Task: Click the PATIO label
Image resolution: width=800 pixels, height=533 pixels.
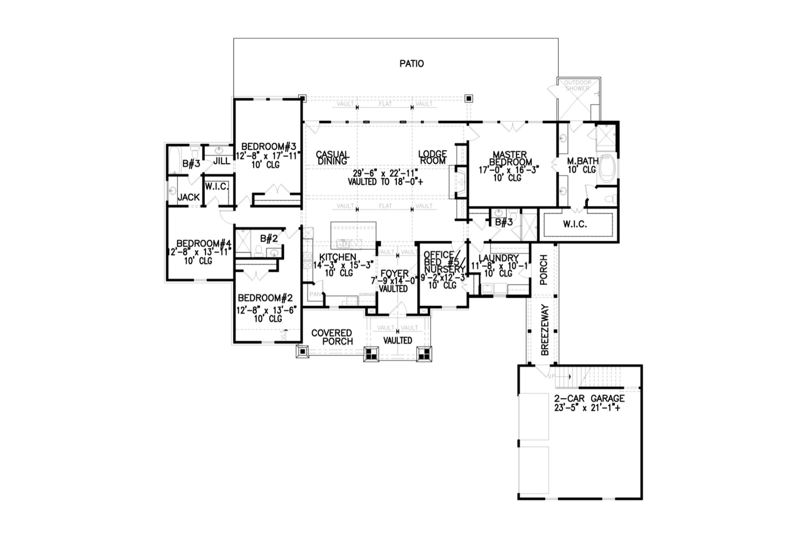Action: pos(411,64)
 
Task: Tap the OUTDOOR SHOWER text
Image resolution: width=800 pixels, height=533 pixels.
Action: pos(578,85)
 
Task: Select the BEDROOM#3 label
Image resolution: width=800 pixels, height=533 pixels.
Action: pos(268,147)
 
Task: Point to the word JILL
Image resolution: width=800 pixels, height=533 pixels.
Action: pos(221,161)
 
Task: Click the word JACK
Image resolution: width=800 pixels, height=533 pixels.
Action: pos(188,197)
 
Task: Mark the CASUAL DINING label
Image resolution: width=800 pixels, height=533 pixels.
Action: pos(332,158)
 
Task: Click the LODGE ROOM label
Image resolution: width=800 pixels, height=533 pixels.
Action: pos(432,157)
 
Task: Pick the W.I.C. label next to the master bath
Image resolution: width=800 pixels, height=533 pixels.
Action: pos(575,225)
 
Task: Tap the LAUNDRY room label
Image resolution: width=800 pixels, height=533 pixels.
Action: pos(498,258)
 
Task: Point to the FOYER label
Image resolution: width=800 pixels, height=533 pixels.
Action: pos(394,274)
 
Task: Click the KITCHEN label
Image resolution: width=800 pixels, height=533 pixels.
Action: pos(338,257)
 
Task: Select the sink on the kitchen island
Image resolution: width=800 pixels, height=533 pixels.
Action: pos(343,243)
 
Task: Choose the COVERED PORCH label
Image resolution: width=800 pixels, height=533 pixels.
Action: pos(332,337)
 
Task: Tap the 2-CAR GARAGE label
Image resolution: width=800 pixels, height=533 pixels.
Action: pos(589,399)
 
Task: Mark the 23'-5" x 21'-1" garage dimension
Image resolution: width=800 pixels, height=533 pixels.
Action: pos(589,408)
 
